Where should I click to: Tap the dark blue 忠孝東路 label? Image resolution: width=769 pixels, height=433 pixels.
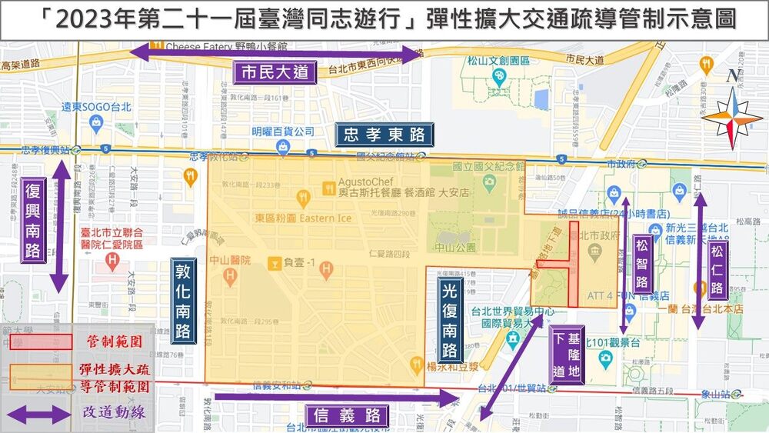tap(384, 135)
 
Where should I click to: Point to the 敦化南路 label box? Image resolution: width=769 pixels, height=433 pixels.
tap(183, 300)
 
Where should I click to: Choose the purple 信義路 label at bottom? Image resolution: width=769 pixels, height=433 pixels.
tap(348, 416)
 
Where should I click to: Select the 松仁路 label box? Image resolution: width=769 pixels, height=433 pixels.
tap(717, 270)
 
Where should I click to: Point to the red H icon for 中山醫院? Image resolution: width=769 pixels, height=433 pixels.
tap(327, 268)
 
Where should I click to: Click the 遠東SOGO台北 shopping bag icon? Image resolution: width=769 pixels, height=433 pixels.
tap(95, 122)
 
